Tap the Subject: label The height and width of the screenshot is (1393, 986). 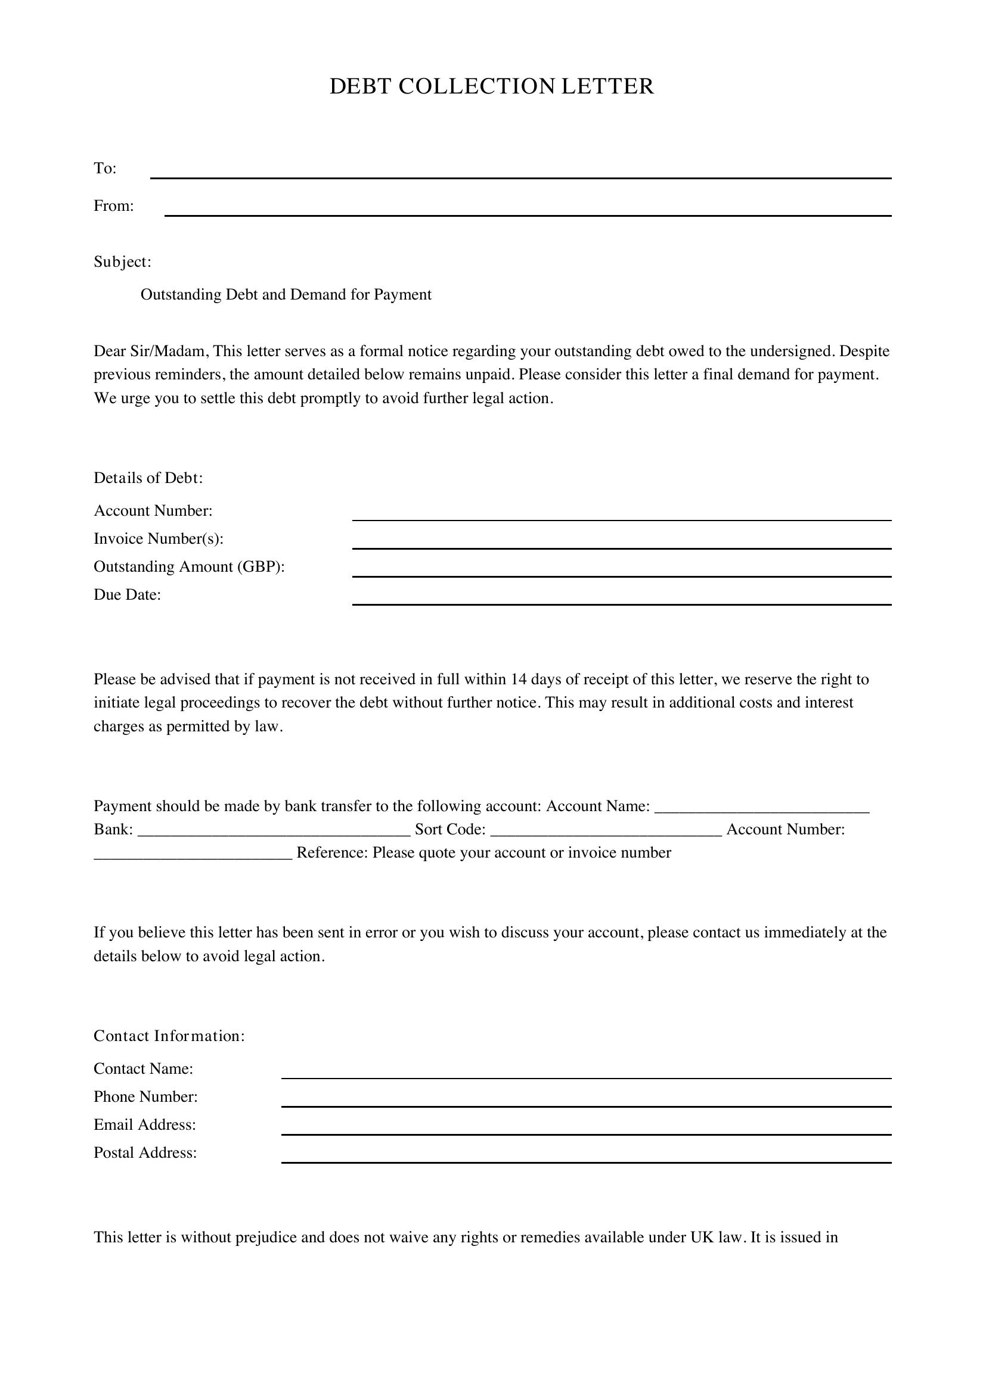coord(122,261)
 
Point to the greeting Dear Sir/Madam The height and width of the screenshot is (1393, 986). coord(151,351)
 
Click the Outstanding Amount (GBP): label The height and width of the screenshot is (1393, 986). coord(189,566)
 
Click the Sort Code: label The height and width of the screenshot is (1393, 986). coord(450,830)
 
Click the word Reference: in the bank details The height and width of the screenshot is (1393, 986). coord(331,852)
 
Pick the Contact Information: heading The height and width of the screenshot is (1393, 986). coord(169,1036)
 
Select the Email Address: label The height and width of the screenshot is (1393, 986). coord(144,1124)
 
